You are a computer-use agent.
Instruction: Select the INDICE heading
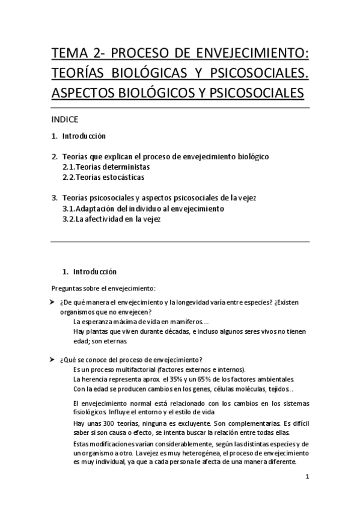65,118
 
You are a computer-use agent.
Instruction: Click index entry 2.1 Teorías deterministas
106,167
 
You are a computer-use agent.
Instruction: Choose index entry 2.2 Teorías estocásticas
103,177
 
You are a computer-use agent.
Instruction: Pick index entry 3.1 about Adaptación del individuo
143,209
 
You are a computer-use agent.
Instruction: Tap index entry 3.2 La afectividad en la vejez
112,220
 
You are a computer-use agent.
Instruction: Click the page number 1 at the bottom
307,478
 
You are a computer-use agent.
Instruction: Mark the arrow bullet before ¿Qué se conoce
53,359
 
